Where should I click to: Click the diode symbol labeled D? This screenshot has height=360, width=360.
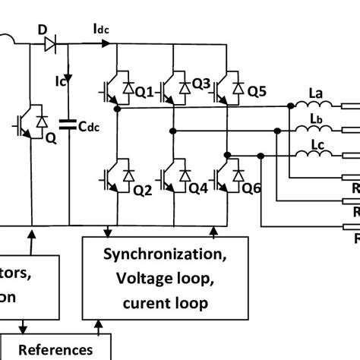(x=50, y=46)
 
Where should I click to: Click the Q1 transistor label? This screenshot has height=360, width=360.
(x=144, y=92)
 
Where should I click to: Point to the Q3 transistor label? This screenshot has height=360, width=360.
(x=201, y=82)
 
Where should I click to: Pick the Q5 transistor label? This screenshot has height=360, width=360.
(x=257, y=92)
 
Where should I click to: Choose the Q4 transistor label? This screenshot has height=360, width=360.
(x=199, y=191)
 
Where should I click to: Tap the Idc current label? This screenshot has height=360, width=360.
(x=102, y=29)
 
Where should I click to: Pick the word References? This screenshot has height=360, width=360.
(x=55, y=349)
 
